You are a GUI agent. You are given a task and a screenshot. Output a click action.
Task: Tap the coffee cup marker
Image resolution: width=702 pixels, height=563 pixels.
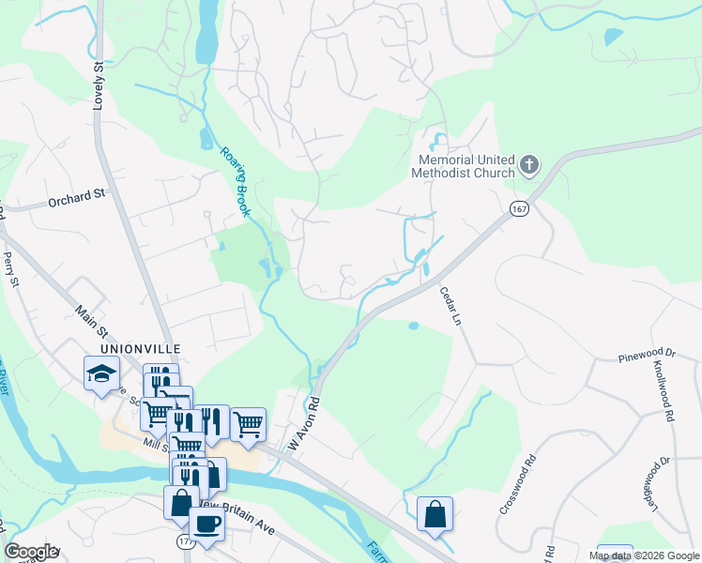pos(206,524)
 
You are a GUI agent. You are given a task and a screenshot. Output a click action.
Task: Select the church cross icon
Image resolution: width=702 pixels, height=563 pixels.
pos(529,166)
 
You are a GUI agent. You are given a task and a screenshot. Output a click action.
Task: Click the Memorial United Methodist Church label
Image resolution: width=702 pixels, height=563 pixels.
pos(466,166)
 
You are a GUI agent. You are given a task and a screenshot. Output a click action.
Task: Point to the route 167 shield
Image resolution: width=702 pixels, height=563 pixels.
pos(519,207)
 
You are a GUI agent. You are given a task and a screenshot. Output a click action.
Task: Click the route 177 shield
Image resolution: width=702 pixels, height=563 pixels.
pos(184,542)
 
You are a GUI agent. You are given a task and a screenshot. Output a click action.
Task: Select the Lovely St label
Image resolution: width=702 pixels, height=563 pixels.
pos(97,84)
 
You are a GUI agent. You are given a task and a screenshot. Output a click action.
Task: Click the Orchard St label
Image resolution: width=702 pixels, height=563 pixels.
pos(78,197)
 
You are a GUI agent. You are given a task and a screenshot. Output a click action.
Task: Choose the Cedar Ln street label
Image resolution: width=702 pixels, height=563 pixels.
pos(451,307)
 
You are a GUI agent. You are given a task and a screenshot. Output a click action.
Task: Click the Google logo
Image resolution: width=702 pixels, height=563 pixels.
pos(31,552)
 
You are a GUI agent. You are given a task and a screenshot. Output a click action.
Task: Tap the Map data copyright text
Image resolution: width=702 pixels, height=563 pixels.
pos(643,555)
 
